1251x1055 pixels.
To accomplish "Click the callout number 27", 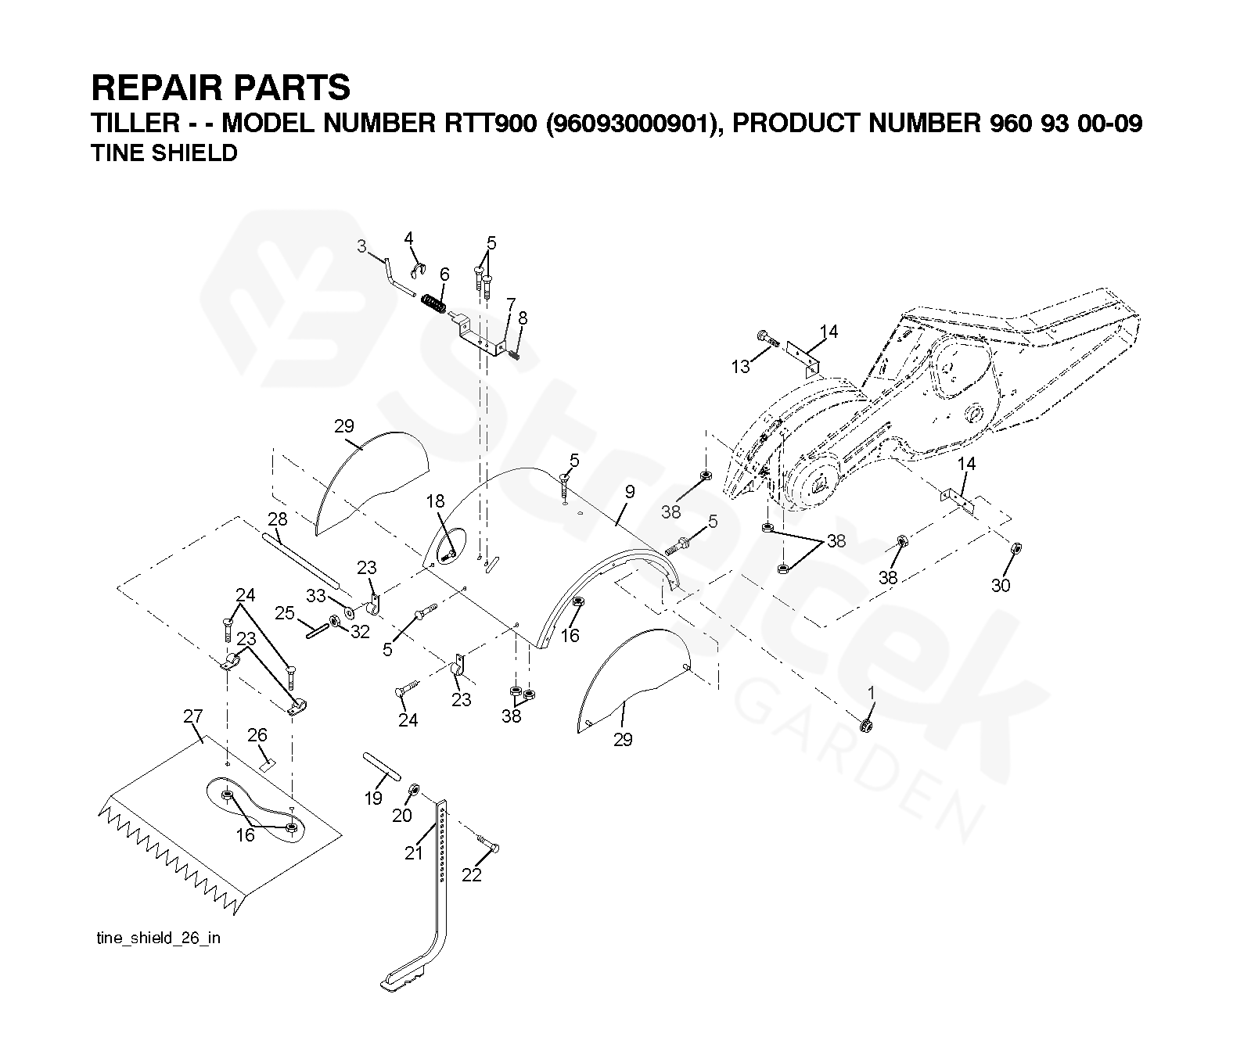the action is pos(192,716).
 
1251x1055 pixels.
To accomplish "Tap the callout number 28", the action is pos(277,519).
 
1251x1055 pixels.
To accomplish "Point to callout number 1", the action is pos(872,693).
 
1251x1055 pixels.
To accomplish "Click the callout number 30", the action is pos(1001,585).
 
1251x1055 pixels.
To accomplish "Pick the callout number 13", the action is pos(740,366).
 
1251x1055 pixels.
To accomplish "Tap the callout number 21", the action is pos(413,853).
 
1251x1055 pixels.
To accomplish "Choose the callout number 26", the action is pos(257,735).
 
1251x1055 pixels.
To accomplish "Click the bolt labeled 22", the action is pos(487,845).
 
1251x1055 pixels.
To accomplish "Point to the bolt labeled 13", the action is pos(767,339).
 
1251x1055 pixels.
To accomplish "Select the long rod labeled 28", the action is pos(301,559).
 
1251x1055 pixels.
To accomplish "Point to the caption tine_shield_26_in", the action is pos(158,938).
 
